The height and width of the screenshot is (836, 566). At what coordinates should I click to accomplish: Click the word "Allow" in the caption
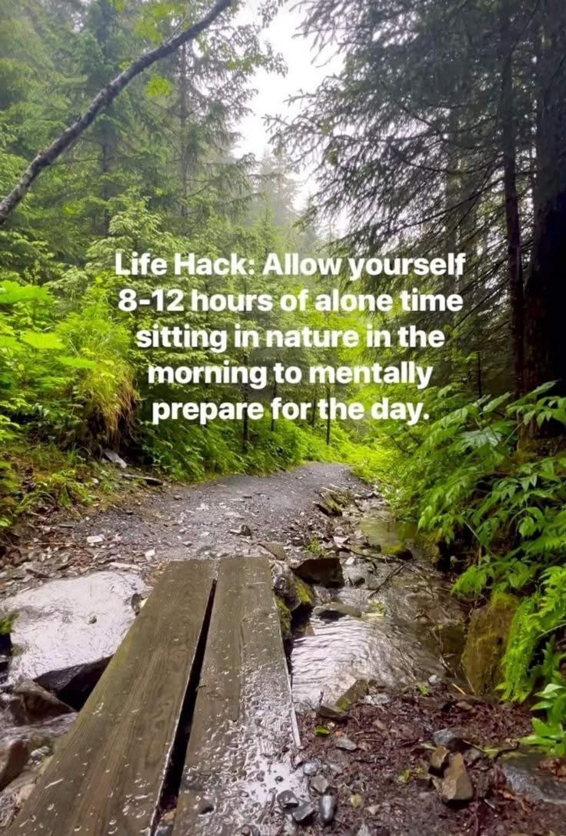pos(302,265)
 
